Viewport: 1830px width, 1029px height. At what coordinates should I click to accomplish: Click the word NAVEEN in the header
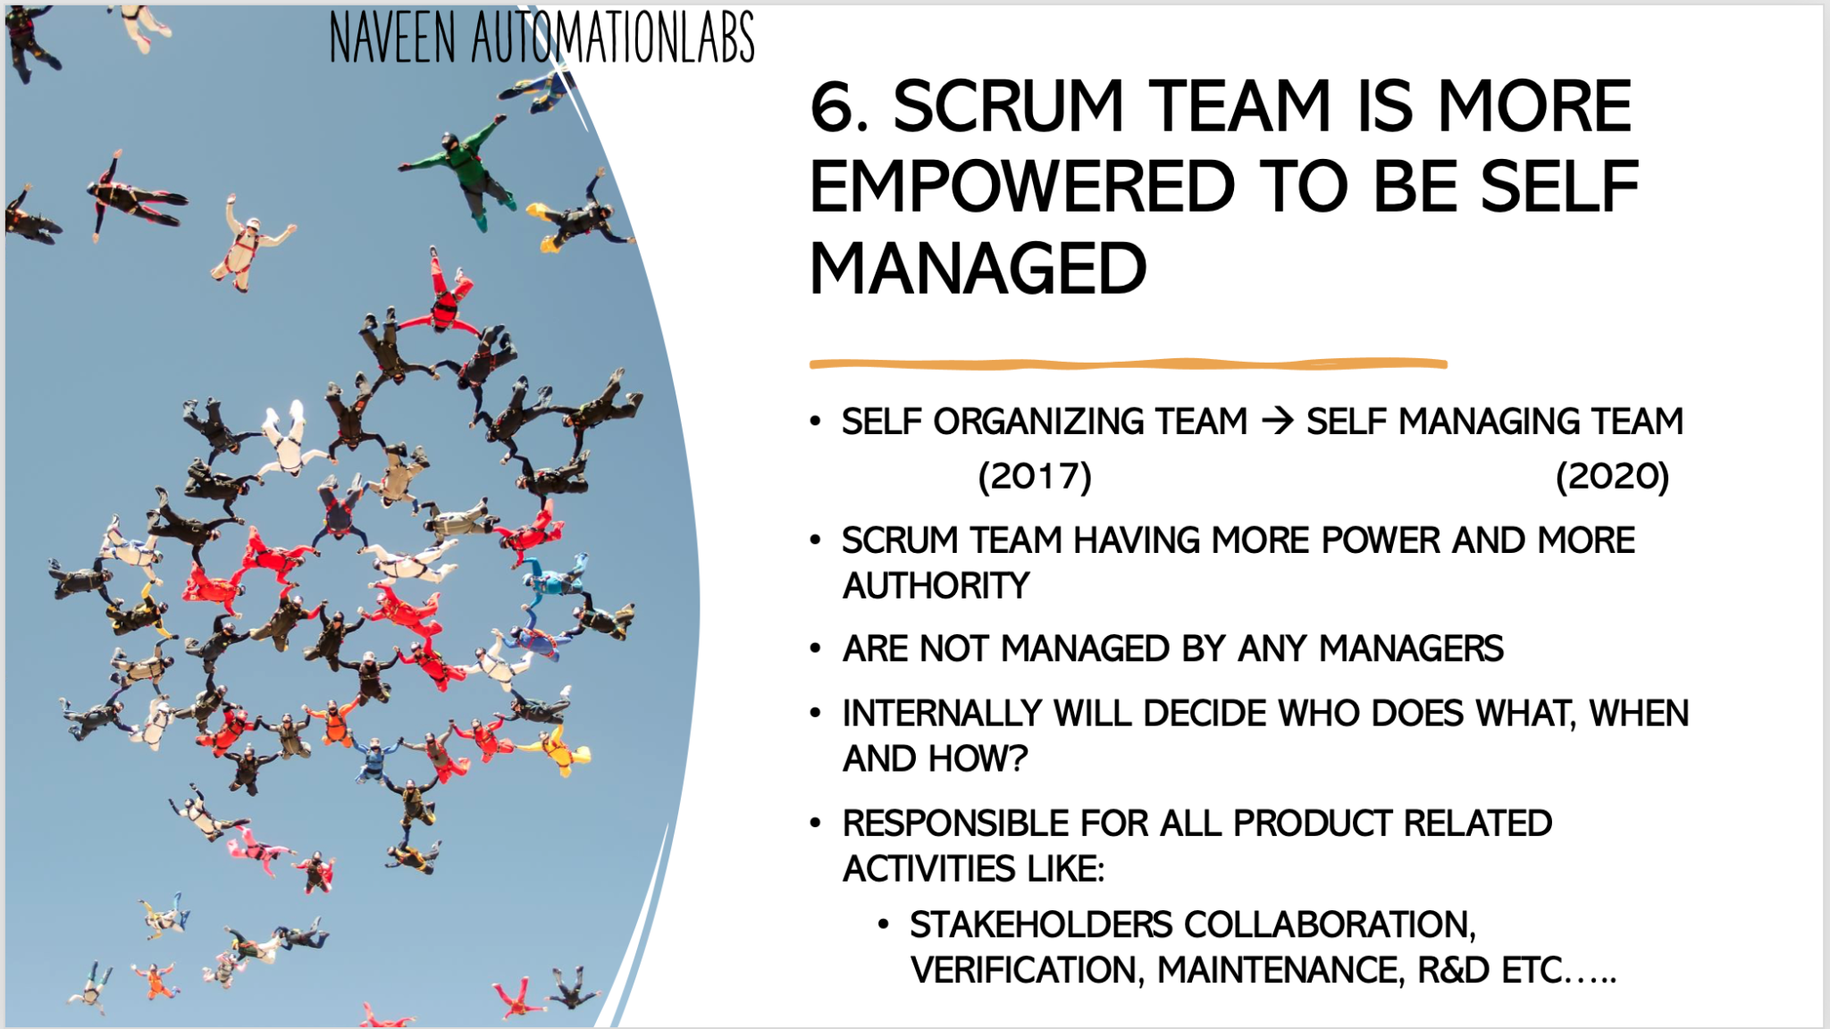[x=392, y=38]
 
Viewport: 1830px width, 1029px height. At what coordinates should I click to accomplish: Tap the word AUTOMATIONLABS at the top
[x=613, y=38]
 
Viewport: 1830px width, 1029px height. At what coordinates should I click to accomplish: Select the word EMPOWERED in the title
[x=1021, y=188]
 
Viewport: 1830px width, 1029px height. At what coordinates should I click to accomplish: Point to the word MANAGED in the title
[x=978, y=269]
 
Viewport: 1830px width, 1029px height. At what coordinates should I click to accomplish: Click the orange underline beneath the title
[x=1128, y=364]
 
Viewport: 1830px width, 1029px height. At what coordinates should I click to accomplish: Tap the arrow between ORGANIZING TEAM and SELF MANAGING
[x=1278, y=421]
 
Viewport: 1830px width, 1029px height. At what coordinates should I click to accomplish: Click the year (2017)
[x=1035, y=476]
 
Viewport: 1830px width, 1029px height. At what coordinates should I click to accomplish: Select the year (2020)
[x=1612, y=476]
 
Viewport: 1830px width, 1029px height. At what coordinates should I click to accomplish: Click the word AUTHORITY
[x=936, y=586]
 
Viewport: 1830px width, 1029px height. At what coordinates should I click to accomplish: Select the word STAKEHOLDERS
[x=1040, y=924]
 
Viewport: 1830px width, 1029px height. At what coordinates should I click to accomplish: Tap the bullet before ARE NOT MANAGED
[x=815, y=648]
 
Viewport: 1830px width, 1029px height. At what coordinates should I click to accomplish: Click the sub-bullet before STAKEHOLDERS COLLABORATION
[x=883, y=924]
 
